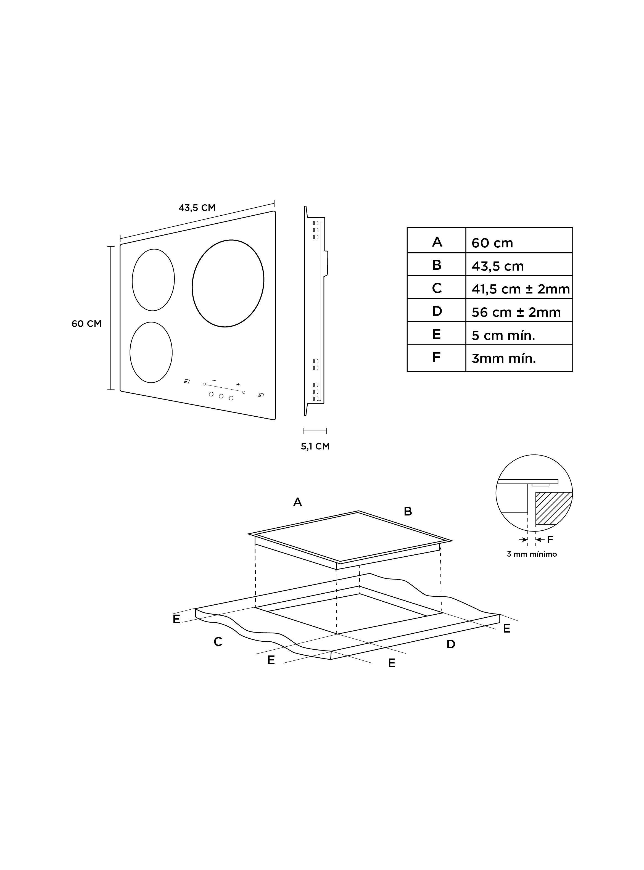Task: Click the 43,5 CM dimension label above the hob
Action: (197, 208)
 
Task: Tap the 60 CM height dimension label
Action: (86, 324)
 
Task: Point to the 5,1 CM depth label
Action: (315, 446)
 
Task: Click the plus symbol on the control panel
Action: (238, 385)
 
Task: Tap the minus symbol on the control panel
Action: (214, 380)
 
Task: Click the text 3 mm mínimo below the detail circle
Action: (532, 554)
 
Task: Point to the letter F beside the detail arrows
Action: (550, 540)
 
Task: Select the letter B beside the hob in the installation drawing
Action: (408, 511)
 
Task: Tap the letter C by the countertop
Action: (218, 641)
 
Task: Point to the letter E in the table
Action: (436, 334)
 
